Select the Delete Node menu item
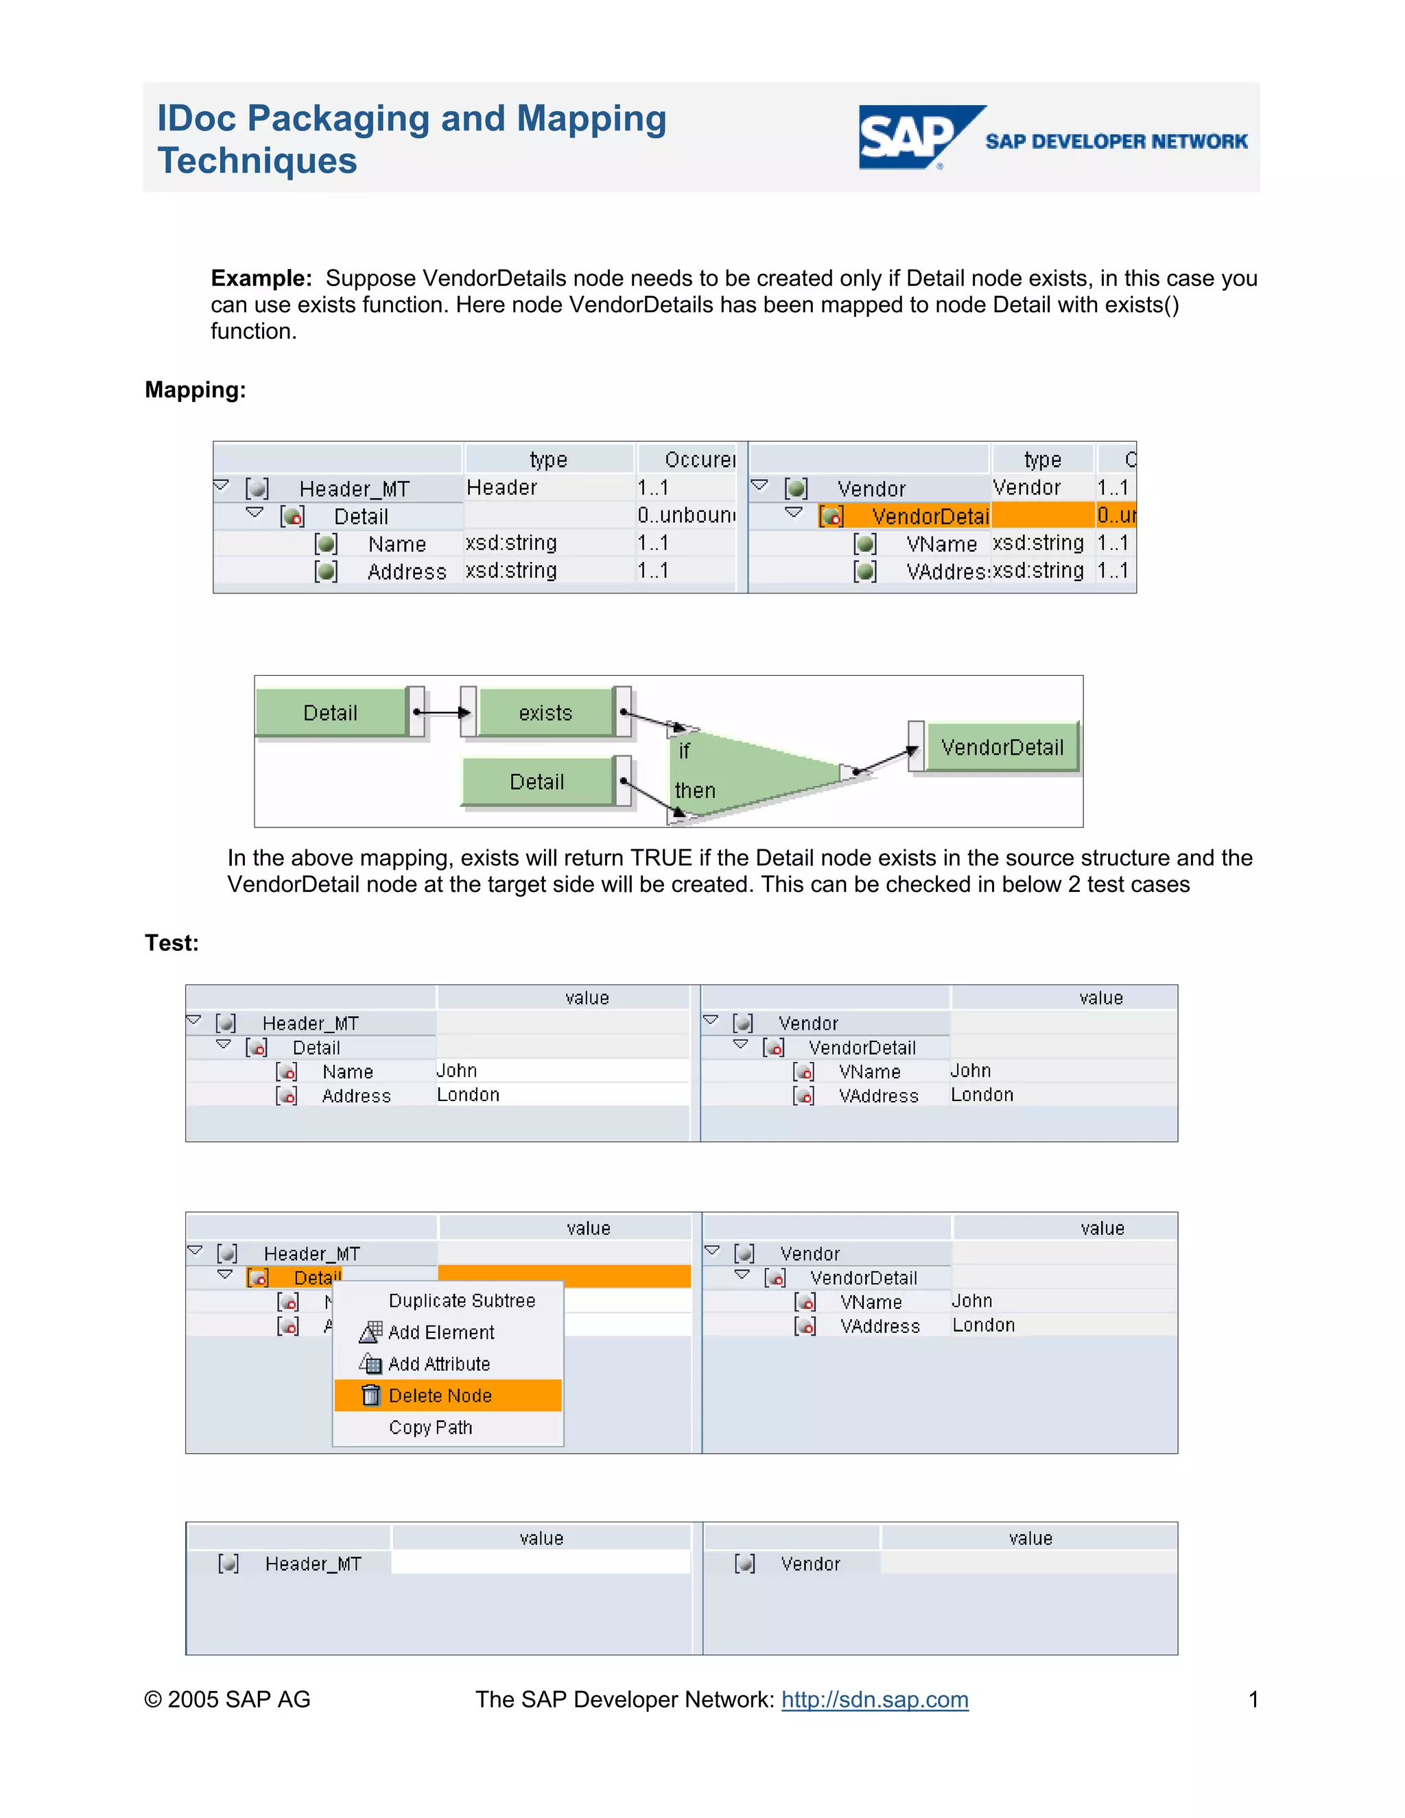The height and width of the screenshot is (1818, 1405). tap(440, 1396)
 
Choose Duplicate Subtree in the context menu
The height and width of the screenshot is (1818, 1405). tap(461, 1301)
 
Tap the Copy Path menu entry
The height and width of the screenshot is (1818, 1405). tap(430, 1428)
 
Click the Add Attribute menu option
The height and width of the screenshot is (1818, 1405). tap(438, 1365)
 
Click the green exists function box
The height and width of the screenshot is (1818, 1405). tap(545, 713)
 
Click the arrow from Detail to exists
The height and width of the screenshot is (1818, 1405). tap(442, 713)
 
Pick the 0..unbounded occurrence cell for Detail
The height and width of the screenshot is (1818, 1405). tap(686, 515)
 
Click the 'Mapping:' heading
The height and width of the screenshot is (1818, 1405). tap(195, 390)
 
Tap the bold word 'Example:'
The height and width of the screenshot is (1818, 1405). tap(261, 278)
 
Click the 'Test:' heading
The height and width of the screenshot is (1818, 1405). tap(172, 943)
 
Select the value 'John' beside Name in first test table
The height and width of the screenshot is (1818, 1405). tap(457, 1070)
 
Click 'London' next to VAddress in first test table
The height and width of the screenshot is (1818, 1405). tap(982, 1095)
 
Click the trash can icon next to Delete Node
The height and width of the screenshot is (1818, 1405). tap(371, 1395)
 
